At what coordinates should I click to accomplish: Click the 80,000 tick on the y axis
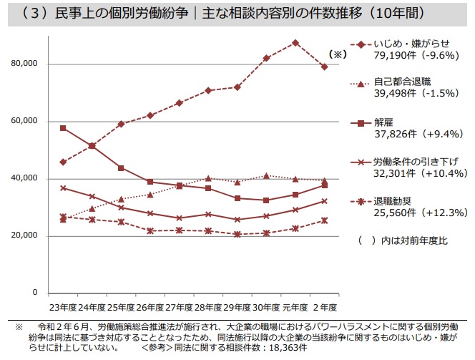(x=25, y=64)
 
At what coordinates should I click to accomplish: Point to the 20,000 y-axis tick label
(x=25, y=236)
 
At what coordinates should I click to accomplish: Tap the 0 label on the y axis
(x=34, y=293)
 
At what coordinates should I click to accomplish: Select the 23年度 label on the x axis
(x=63, y=307)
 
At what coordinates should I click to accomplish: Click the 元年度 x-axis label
(x=295, y=307)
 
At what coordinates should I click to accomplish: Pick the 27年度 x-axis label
(x=179, y=307)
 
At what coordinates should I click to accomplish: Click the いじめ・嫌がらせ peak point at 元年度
(x=295, y=42)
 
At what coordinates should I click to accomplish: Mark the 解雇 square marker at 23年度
(x=63, y=128)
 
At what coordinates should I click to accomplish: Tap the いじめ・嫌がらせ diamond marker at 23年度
(x=63, y=162)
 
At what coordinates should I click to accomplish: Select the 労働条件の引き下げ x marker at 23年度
(x=63, y=188)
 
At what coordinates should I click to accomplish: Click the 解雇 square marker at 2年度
(x=325, y=185)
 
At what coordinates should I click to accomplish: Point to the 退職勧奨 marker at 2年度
(x=325, y=220)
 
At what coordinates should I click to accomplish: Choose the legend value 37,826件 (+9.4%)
(x=412, y=133)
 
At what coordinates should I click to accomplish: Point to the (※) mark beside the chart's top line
(x=337, y=54)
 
